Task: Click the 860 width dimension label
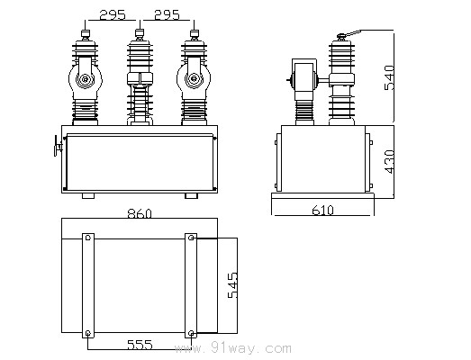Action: coord(140,214)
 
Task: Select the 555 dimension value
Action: coord(140,345)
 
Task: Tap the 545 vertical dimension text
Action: coord(232,285)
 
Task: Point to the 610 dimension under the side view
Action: coord(322,211)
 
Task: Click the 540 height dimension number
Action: coord(389,77)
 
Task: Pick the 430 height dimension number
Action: coord(389,161)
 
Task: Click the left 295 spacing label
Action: coord(113,14)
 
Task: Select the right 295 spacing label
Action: coord(167,14)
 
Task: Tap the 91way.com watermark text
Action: coord(232,348)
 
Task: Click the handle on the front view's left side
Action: coord(58,146)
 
